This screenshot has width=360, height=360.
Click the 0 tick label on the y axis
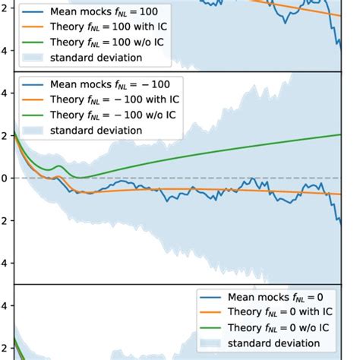pos(4,178)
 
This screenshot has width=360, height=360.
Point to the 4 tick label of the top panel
pos(4,51)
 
